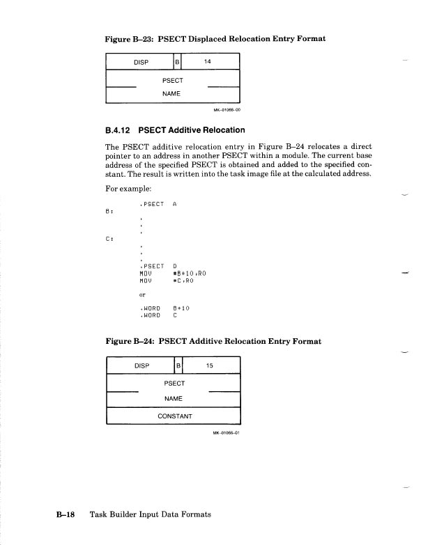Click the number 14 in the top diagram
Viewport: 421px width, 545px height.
coord(207,61)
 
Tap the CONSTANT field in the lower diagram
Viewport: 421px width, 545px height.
coord(173,416)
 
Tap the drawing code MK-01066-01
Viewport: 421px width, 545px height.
coord(227,432)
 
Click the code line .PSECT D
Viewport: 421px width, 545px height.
coord(158,266)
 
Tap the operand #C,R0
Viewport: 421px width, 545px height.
coord(183,281)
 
